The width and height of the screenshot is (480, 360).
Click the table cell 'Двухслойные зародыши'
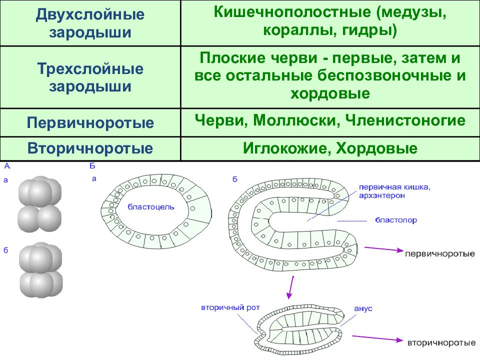90,23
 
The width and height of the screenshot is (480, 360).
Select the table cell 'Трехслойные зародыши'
90,77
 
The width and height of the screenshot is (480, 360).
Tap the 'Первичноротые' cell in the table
90,123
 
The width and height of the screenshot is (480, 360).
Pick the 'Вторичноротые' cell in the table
90,148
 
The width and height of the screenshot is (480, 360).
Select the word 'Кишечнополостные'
292,12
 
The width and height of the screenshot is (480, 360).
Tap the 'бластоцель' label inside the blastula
151,207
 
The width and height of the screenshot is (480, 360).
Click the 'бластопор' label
396,220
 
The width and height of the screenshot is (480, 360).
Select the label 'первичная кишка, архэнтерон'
394,191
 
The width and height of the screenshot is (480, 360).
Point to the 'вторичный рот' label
230,307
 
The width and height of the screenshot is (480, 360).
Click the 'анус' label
363,308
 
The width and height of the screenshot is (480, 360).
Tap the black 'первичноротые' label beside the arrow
440,254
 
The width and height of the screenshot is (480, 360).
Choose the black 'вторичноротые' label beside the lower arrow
441,343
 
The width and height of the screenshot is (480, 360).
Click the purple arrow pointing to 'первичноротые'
384,249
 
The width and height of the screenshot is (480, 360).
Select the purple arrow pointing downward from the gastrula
291,287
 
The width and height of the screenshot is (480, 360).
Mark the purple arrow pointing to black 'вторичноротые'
377,338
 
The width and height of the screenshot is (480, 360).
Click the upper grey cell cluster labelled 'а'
39,204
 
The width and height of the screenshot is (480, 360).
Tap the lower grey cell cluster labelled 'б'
40,270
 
